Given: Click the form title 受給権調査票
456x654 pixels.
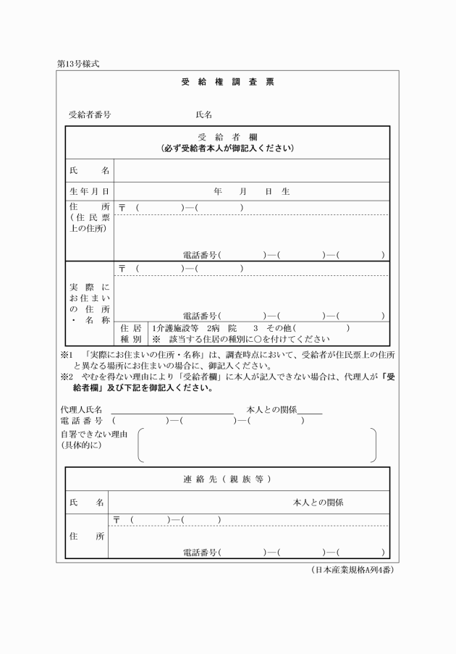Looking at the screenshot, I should [227, 83].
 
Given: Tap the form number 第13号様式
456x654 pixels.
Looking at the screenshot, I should [77, 64].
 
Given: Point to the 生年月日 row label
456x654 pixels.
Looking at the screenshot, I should [89, 191].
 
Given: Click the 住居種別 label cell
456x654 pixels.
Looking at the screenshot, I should [130, 332].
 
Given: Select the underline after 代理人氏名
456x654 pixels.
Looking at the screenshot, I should [172, 411].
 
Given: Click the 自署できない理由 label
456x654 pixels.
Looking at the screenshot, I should [94, 434].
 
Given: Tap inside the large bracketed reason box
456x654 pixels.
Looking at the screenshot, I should [257, 445].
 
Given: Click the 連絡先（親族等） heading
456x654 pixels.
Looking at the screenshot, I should [227, 479].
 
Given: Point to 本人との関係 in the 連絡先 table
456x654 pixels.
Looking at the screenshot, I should [318, 502].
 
